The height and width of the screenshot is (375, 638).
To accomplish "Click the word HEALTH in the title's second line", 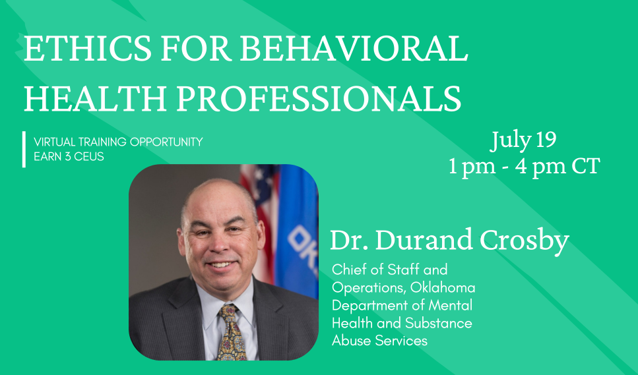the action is click(x=95, y=98).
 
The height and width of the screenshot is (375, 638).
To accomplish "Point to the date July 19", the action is click(x=523, y=140).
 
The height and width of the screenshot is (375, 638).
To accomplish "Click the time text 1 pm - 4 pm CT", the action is click(x=524, y=166).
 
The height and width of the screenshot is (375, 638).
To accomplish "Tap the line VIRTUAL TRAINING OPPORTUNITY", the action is click(x=118, y=142).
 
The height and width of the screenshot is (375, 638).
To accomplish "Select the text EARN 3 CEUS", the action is click(x=69, y=156).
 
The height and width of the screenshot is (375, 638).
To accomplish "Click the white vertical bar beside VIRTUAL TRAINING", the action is click(x=24, y=149).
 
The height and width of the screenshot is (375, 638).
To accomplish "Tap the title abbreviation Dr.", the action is click(x=350, y=240).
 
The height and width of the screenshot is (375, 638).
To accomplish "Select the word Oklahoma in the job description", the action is click(x=443, y=287).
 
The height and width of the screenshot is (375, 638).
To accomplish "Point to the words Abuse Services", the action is click(x=379, y=341).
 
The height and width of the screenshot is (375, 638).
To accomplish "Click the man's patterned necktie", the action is click(x=232, y=333).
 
